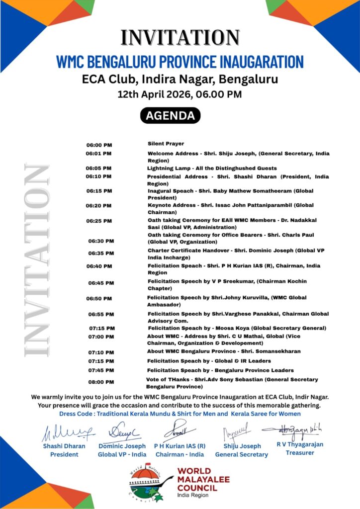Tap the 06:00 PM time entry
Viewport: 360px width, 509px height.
tap(99, 145)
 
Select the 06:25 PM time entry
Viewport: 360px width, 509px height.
tap(99, 221)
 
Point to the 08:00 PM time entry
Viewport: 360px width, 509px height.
tap(101, 382)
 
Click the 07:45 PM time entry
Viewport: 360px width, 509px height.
tap(101, 371)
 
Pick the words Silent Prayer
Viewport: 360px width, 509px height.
tap(166, 144)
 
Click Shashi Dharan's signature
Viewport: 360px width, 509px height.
tap(67, 433)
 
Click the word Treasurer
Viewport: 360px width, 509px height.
tap(299, 453)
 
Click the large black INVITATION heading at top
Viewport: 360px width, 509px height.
tap(180, 38)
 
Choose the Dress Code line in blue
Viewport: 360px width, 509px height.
tap(180, 414)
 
